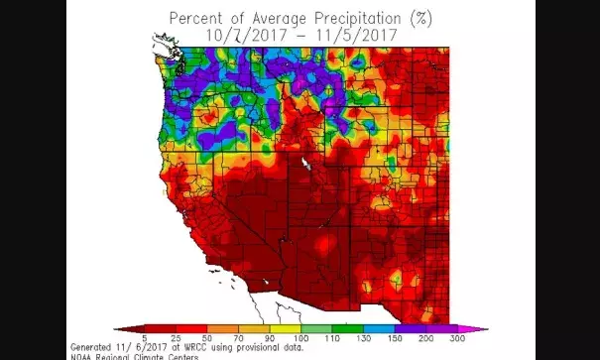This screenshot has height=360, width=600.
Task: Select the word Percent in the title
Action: point(196,18)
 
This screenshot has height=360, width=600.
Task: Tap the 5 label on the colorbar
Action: point(146,339)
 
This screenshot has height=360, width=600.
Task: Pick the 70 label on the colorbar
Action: point(239,339)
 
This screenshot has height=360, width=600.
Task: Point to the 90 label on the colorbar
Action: point(270,339)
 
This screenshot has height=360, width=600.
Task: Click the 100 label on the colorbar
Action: point(300,339)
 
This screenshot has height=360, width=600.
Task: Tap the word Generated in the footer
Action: point(90,347)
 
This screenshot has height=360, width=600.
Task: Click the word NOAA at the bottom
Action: point(79,355)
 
